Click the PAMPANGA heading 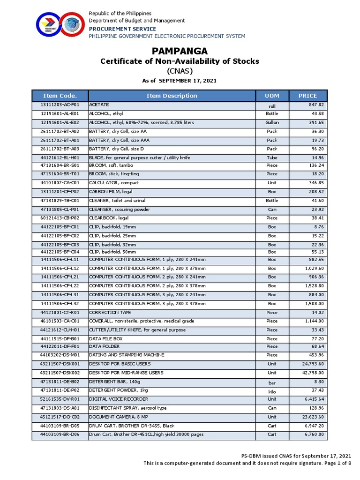point(180,51)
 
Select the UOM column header point(272,96)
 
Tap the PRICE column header point(307,96)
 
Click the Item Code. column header point(60,96)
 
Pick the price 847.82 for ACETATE point(315,105)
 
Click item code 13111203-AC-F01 point(60,105)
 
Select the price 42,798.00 point(310,373)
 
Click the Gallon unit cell point(272,122)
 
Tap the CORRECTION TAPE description point(110,312)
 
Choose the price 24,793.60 point(310,364)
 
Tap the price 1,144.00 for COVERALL point(313,321)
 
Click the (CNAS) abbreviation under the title point(180,71)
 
